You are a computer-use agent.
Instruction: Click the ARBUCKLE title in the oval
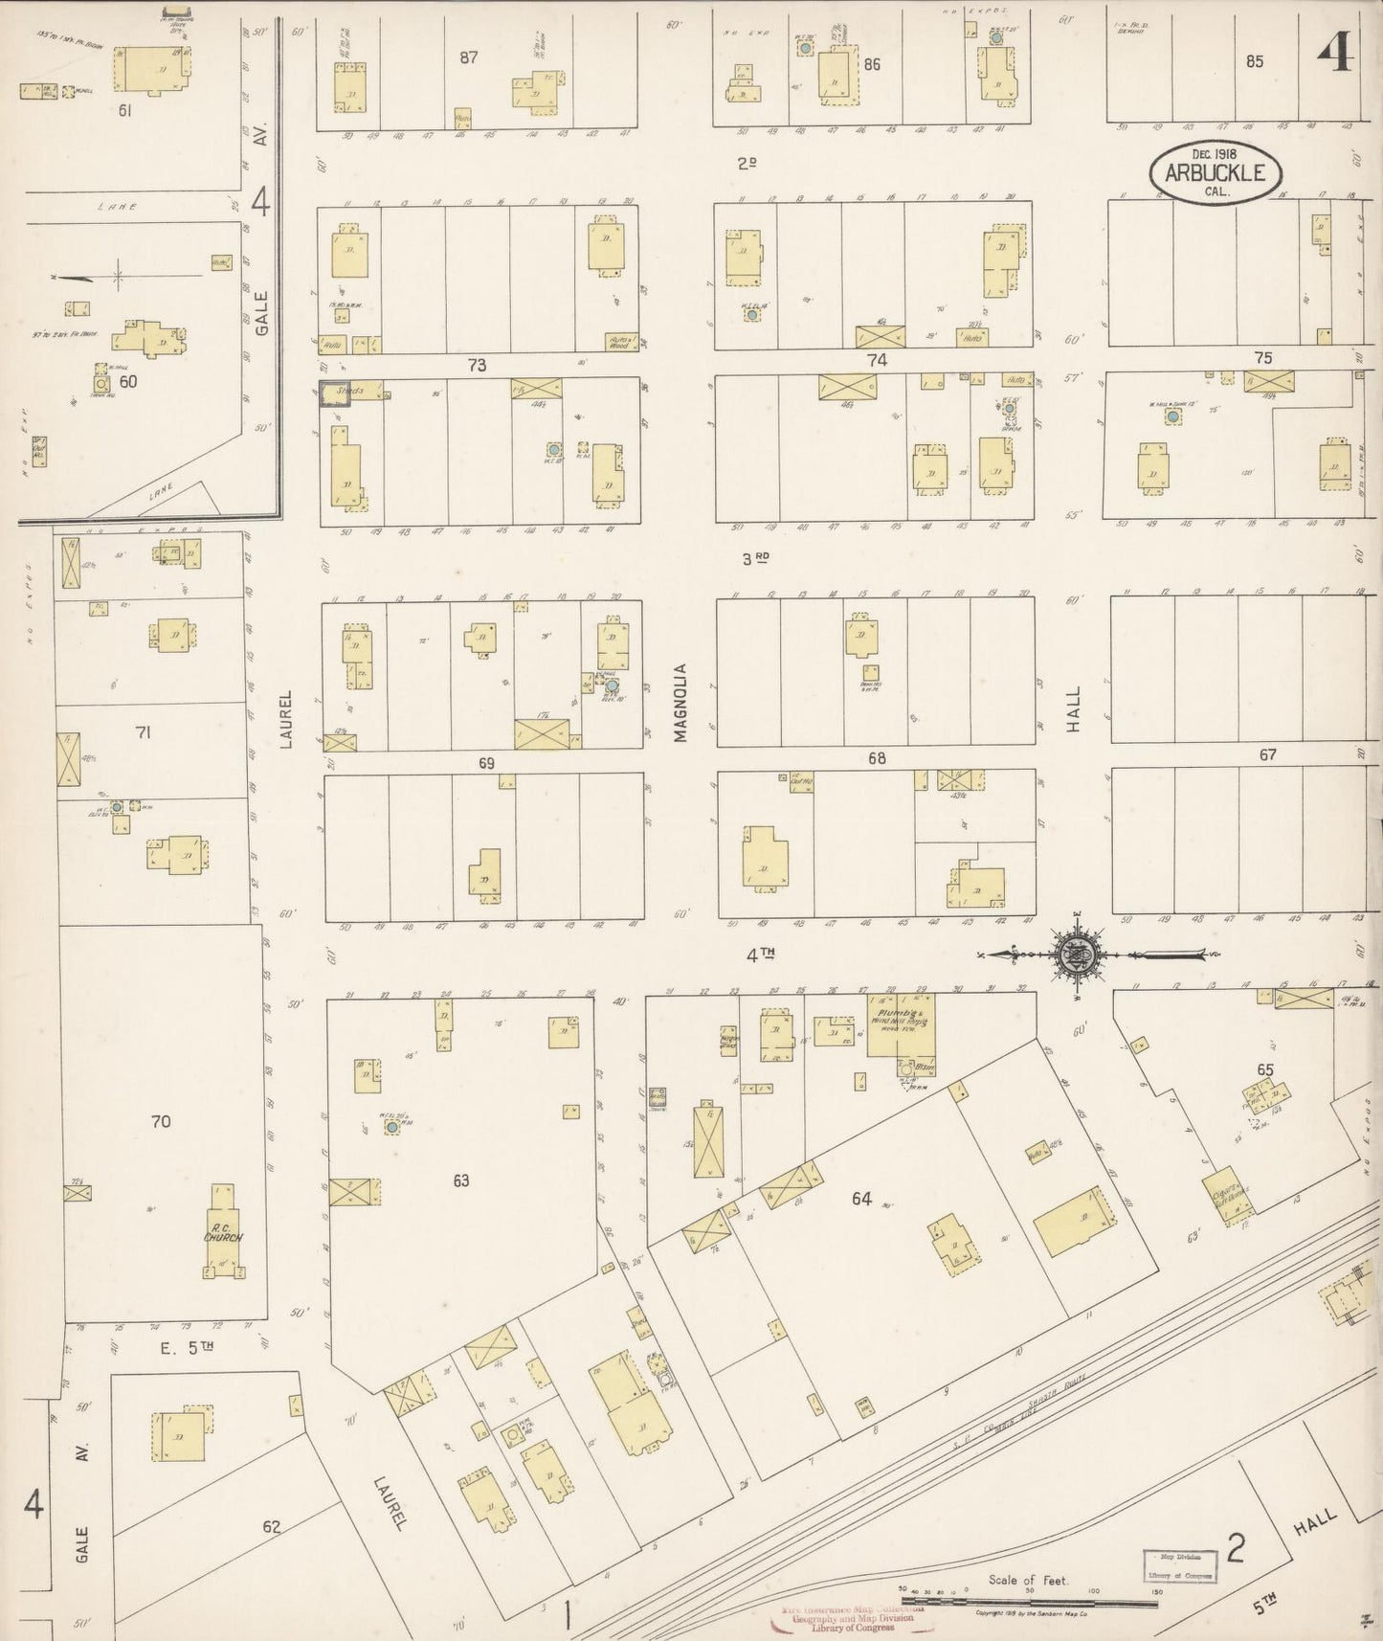click(1214, 173)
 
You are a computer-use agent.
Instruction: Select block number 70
click(161, 1120)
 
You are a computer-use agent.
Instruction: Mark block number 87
click(468, 57)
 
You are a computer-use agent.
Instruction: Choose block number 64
click(861, 1198)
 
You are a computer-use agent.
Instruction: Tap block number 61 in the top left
click(124, 110)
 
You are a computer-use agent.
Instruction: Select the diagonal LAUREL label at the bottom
click(388, 1505)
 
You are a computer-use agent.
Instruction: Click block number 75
click(1263, 357)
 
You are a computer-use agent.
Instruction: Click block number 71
click(144, 732)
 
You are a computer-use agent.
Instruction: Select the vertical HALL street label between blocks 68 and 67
click(1073, 708)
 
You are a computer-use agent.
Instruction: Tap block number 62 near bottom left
click(272, 1527)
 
